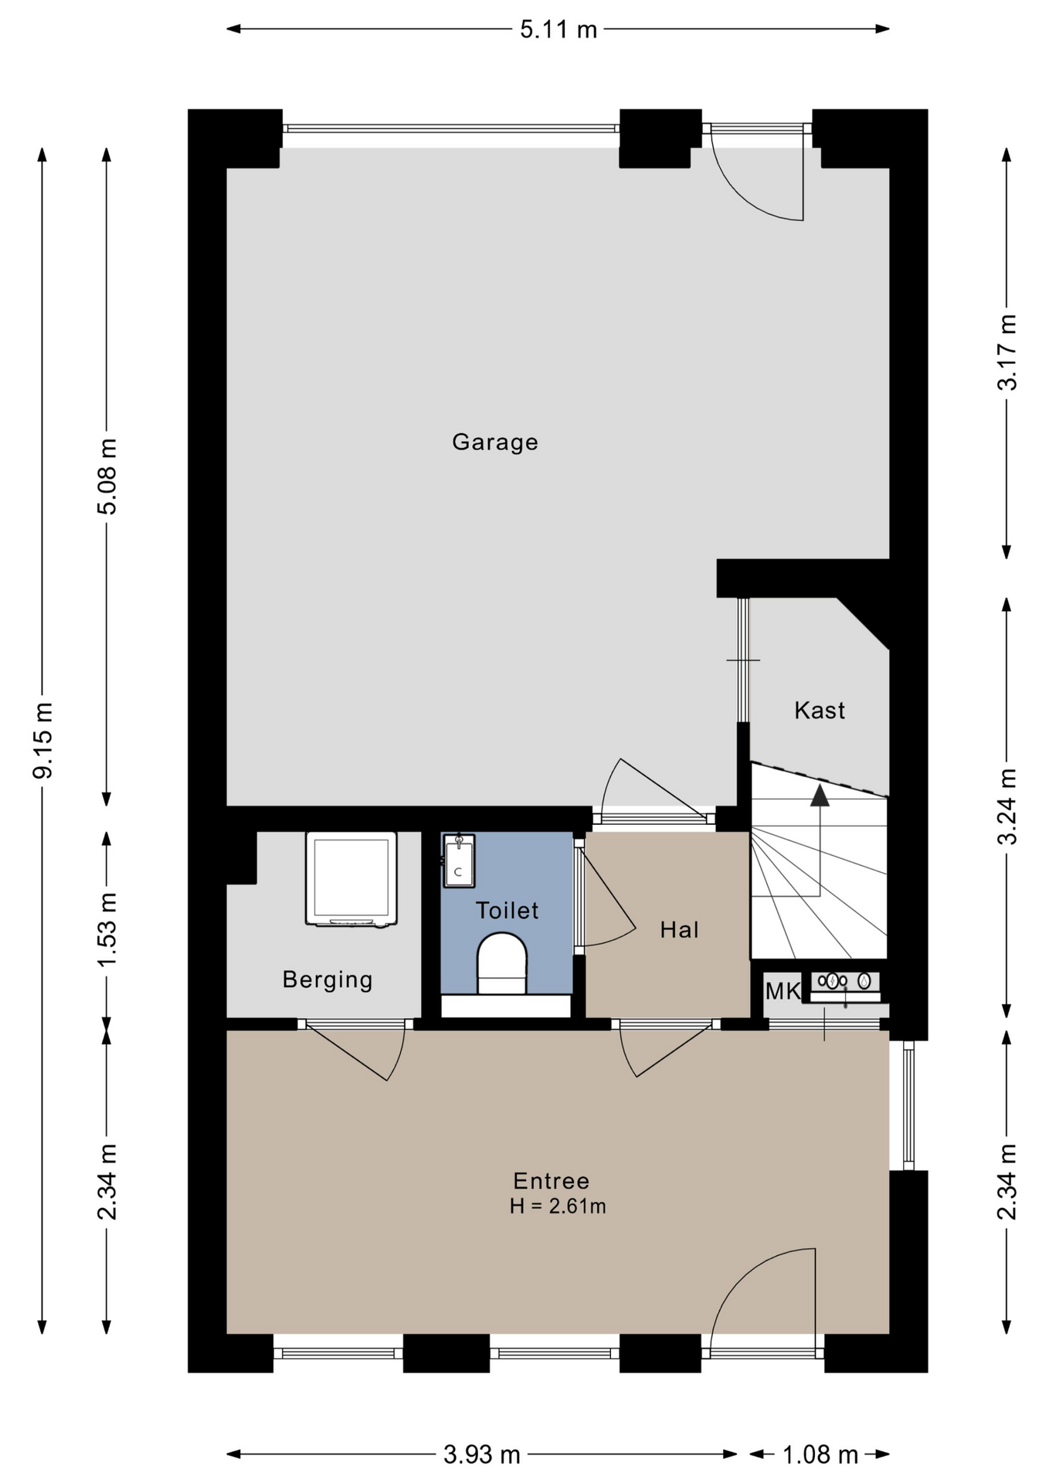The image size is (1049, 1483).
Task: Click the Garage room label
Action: click(494, 443)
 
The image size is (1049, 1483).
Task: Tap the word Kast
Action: click(820, 711)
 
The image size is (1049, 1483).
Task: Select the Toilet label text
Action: click(507, 911)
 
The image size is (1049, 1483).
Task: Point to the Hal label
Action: click(679, 930)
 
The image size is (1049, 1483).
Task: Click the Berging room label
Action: click(328, 980)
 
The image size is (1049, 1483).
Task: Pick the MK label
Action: click(783, 991)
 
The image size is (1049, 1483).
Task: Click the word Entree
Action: click(551, 1181)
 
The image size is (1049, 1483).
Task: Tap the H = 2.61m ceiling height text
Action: click(557, 1206)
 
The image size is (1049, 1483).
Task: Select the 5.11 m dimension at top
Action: click(558, 29)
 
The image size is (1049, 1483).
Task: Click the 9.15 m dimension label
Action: click(42, 740)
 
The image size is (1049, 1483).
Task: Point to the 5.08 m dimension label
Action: click(107, 476)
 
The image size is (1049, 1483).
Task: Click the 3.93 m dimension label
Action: click(481, 1455)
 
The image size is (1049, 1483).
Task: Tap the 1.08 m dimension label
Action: click(820, 1455)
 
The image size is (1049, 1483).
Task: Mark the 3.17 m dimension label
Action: click(1007, 352)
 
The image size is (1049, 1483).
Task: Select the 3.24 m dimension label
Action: click(1007, 806)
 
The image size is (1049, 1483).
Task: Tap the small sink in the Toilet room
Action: click(459, 860)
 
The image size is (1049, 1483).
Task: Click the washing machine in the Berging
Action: click(351, 879)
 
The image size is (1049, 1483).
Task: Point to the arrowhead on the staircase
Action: click(820, 796)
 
